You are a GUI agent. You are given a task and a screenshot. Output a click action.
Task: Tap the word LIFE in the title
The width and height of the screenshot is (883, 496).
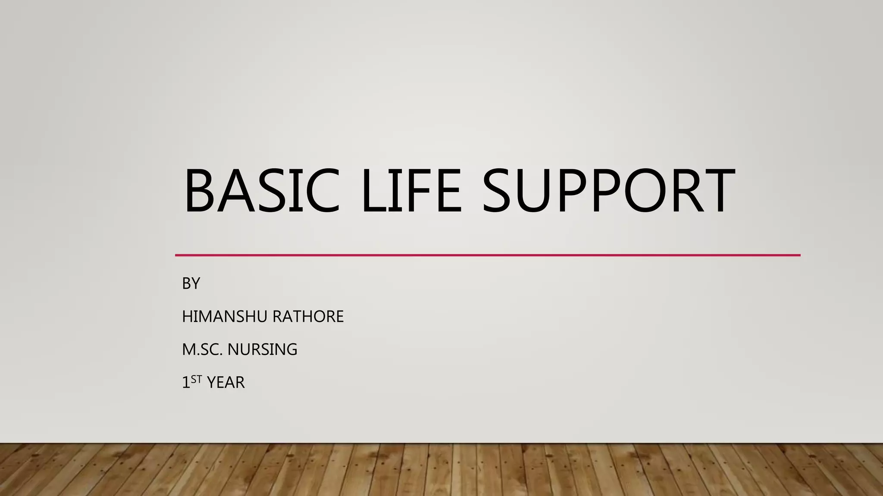412,190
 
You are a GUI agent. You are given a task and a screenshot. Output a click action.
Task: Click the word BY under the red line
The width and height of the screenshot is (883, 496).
191,283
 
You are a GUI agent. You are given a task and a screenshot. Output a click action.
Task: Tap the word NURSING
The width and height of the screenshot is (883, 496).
262,349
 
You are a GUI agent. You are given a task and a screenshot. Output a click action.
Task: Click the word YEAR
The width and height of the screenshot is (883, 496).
225,382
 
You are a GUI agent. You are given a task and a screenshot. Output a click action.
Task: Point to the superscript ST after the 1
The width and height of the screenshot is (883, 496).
196,379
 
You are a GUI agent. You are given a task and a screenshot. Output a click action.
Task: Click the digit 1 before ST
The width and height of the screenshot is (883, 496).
186,382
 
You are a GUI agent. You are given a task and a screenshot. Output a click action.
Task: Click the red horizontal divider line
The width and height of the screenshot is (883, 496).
487,255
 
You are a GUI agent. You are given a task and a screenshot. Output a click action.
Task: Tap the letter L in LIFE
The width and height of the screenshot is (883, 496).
375,190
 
